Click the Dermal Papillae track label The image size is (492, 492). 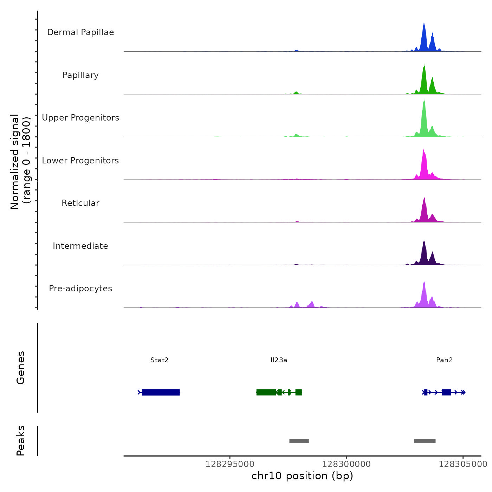pyautogui.click(x=80, y=32)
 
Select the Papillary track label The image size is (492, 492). pyautogui.click(x=80, y=75)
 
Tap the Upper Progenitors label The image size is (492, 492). pyautogui.click(x=80, y=118)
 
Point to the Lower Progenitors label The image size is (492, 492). pyautogui.click(x=80, y=161)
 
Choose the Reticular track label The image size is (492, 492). pyautogui.click(x=80, y=203)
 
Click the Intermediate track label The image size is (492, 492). pyautogui.click(x=80, y=246)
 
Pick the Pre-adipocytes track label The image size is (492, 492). pyautogui.click(x=80, y=289)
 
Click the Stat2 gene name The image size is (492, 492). pyautogui.click(x=160, y=360)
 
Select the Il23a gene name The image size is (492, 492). pyautogui.click(x=279, y=360)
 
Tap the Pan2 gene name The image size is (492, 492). pyautogui.click(x=444, y=360)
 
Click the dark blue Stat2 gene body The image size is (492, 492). pyautogui.click(x=161, y=392)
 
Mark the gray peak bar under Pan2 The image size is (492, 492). pyautogui.click(x=425, y=441)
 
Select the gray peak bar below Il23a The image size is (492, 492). pyautogui.click(x=299, y=441)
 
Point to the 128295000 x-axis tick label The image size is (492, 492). pyautogui.click(x=230, y=464)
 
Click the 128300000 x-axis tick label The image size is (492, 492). pyautogui.click(x=347, y=464)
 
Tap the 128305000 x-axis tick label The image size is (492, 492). pyautogui.click(x=463, y=464)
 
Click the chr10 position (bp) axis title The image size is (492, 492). pyautogui.click(x=302, y=476)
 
